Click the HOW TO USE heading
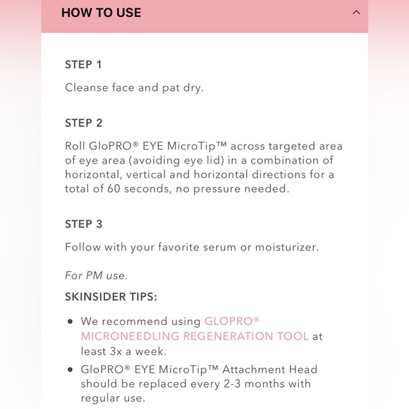point(101,13)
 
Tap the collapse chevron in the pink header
point(356,13)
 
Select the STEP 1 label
point(83,64)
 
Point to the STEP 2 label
point(83,123)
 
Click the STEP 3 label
point(83,224)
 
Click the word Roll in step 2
point(75,147)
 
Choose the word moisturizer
point(288,247)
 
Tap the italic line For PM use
point(96,275)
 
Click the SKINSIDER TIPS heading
point(111,296)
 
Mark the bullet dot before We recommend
point(70,322)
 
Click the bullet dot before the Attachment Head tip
point(70,370)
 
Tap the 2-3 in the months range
point(212,384)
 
